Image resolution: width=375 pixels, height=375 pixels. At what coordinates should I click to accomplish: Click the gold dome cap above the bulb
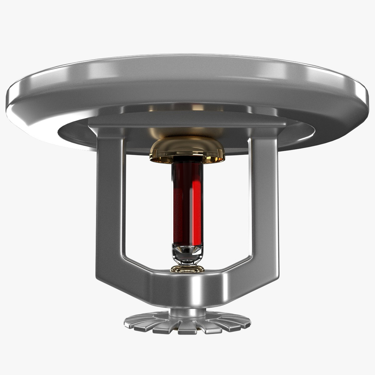[187, 148]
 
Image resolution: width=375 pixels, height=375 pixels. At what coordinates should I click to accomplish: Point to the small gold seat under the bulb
[187, 269]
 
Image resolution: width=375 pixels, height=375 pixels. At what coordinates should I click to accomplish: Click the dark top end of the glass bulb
[187, 160]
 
